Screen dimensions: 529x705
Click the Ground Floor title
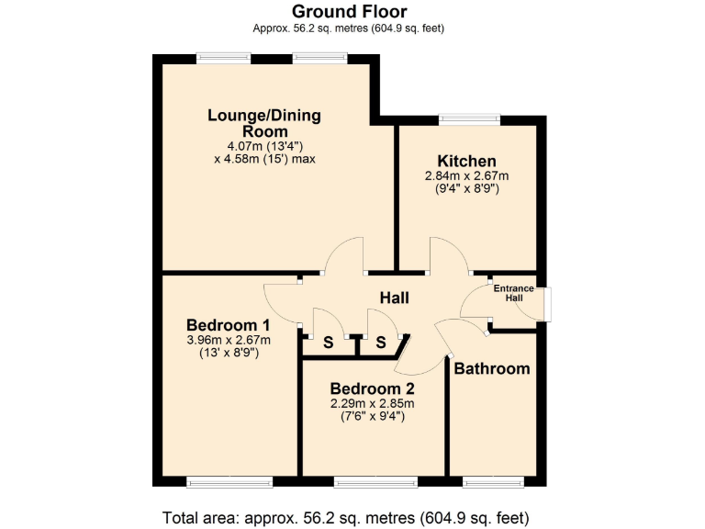[350, 11]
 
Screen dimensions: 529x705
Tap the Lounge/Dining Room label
[264, 123]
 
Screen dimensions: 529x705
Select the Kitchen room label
[466, 161]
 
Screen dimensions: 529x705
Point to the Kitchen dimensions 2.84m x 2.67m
[466, 176]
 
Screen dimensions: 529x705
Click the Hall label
[395, 298]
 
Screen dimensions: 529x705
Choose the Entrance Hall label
[513, 293]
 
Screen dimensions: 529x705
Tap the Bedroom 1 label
[228, 325]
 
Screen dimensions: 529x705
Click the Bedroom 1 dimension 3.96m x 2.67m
[228, 341]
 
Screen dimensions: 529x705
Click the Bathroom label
[492, 368]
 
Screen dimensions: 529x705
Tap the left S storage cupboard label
[328, 343]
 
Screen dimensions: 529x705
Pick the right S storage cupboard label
[380, 343]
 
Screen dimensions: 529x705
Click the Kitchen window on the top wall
[469, 118]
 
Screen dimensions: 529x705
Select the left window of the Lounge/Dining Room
[223, 58]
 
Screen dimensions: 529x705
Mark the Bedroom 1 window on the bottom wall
[229, 481]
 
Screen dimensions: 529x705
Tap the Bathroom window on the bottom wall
[493, 481]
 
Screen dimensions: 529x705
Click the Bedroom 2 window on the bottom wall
[373, 481]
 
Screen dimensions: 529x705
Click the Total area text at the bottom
[345, 516]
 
